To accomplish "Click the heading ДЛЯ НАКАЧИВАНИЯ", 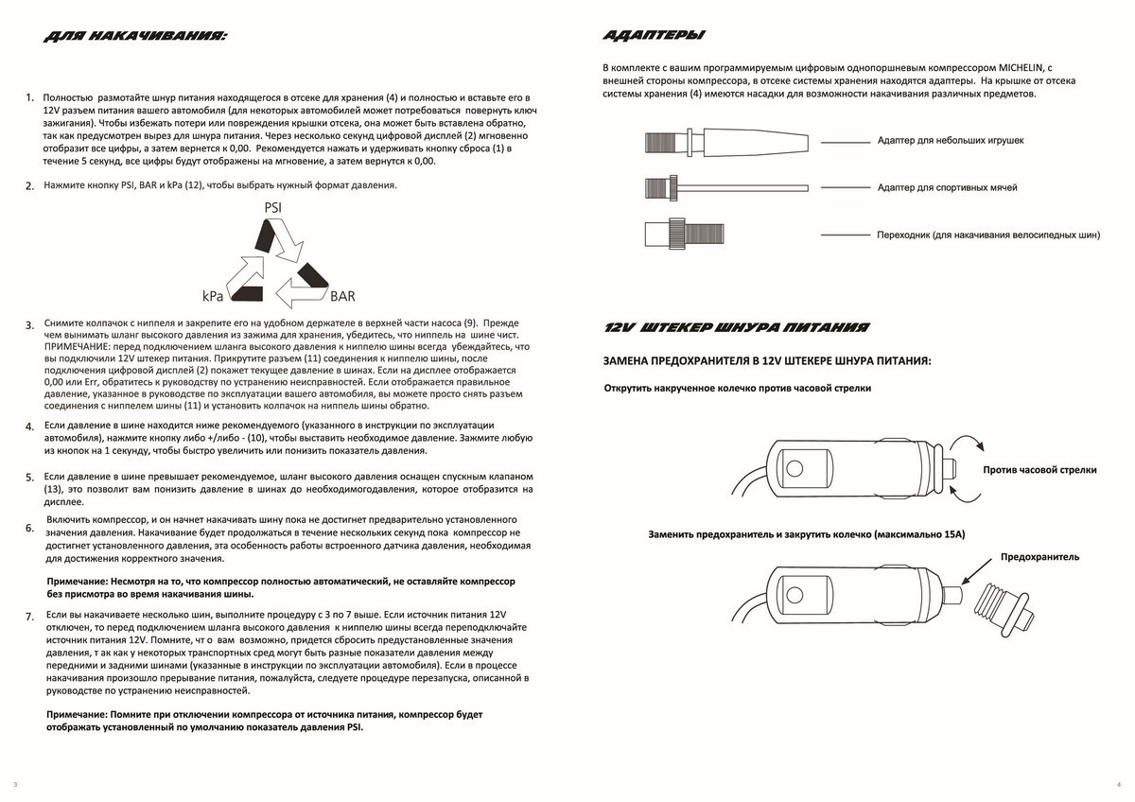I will coord(134,37).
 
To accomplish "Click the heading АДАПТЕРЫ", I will coord(653,36).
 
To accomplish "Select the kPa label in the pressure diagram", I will coord(212,295).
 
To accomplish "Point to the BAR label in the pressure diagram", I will coord(342,296).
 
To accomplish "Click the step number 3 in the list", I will coord(29,325).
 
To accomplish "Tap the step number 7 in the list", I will coord(29,617).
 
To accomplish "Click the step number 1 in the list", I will coord(29,97).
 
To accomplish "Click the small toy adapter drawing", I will coord(725,142).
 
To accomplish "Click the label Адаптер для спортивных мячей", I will coord(947,187).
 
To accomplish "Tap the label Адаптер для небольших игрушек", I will coord(951,141).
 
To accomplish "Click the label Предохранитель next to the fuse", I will coord(1039,557).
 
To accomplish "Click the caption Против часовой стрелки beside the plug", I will coord(1039,469).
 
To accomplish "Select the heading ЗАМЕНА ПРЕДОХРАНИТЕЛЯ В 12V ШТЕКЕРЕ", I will coord(767,361).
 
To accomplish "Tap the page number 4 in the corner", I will coord(1118,785).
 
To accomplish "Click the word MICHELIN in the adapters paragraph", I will coord(1021,68).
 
